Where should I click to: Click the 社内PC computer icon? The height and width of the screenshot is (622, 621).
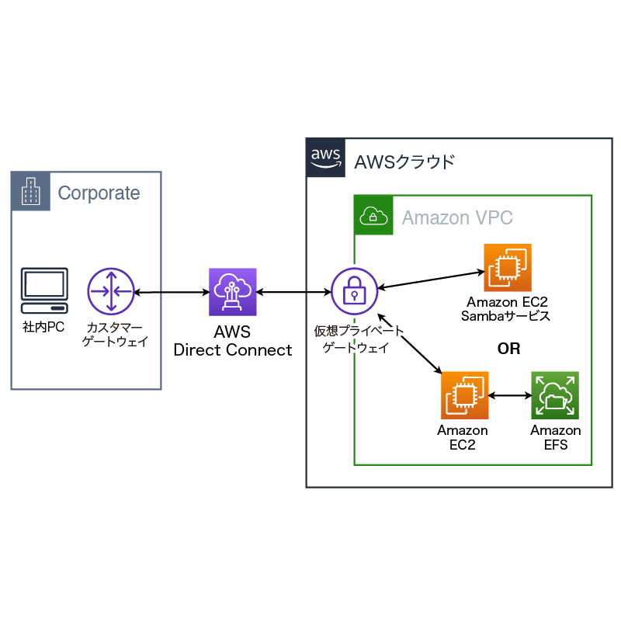click(x=43, y=291)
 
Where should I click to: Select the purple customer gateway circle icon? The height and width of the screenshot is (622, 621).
click(x=111, y=292)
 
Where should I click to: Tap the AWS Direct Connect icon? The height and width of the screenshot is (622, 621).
click(x=232, y=292)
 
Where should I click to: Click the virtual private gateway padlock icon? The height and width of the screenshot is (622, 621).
click(x=354, y=292)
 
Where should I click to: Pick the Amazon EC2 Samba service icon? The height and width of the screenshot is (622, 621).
click(x=508, y=267)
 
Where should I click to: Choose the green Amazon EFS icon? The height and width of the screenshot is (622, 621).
click(x=555, y=395)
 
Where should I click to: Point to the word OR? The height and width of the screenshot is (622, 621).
click(x=508, y=349)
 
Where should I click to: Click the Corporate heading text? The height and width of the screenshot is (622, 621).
click(x=99, y=193)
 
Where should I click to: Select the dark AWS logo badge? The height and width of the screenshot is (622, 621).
click(x=326, y=158)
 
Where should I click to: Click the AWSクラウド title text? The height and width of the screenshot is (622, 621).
click(x=404, y=162)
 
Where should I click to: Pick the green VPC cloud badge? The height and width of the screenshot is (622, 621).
click(x=373, y=214)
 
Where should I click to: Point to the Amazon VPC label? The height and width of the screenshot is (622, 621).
click(x=457, y=217)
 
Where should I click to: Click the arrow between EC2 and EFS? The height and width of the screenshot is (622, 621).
click(x=510, y=395)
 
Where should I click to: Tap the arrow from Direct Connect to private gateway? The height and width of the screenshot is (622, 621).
click(x=293, y=293)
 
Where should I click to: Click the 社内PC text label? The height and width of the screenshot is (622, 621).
click(x=43, y=328)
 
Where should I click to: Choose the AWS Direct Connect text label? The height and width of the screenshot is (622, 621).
click(x=233, y=341)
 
